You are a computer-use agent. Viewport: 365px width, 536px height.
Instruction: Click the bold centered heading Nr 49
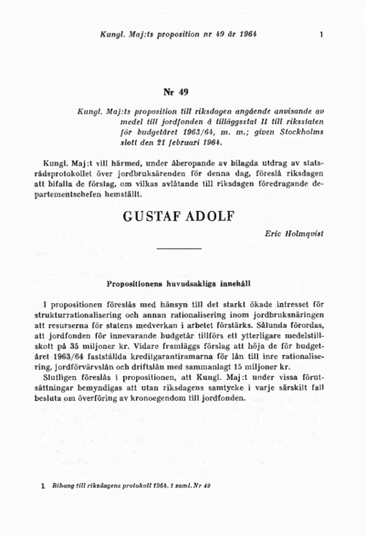click(x=182, y=93)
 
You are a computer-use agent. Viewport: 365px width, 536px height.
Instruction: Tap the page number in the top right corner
click(x=322, y=35)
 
